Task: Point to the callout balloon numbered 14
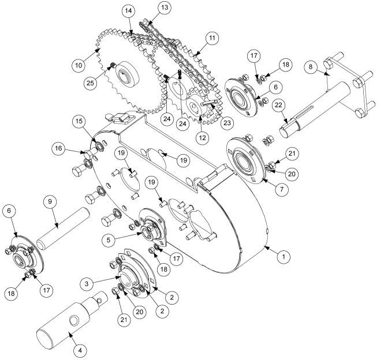click(x=128, y=12)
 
